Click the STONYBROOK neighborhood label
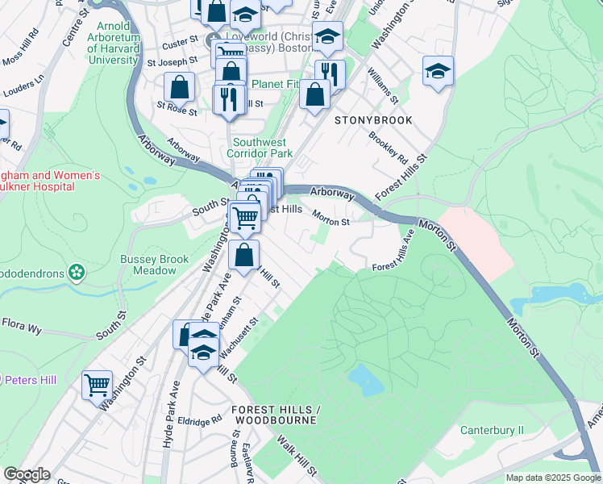pos(373,120)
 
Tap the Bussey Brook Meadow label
pos(154,265)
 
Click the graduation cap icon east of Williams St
pos(438,71)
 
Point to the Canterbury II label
pos(492,430)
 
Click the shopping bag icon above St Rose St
pos(179,86)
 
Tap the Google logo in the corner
pos(27,474)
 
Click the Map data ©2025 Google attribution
pos(553,478)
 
